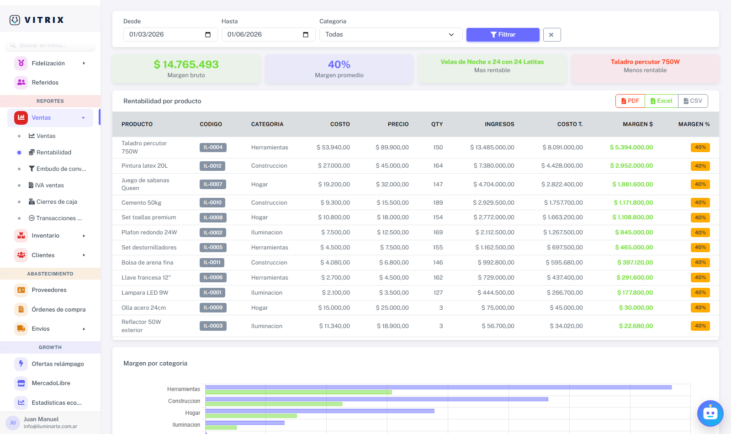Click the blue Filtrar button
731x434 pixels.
point(503,35)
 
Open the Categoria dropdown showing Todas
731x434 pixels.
point(391,35)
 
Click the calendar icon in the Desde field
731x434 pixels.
point(208,35)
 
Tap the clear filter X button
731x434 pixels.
point(552,35)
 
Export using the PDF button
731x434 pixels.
point(630,101)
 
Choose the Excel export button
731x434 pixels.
point(661,101)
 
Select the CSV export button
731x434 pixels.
point(693,101)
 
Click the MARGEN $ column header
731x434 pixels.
point(638,124)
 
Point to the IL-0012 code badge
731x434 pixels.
point(212,166)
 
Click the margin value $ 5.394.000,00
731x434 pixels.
point(631,147)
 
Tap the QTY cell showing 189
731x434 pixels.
point(438,202)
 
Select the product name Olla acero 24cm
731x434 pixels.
point(143,308)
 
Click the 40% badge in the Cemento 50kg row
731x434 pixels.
point(700,202)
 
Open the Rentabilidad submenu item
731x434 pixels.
point(53,153)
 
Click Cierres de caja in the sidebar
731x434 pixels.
point(57,201)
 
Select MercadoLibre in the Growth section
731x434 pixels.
point(51,383)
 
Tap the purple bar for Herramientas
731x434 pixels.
point(438,387)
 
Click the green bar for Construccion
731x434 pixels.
point(274,404)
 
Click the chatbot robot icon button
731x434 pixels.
point(710,413)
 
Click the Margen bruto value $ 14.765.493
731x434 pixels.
point(186,64)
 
